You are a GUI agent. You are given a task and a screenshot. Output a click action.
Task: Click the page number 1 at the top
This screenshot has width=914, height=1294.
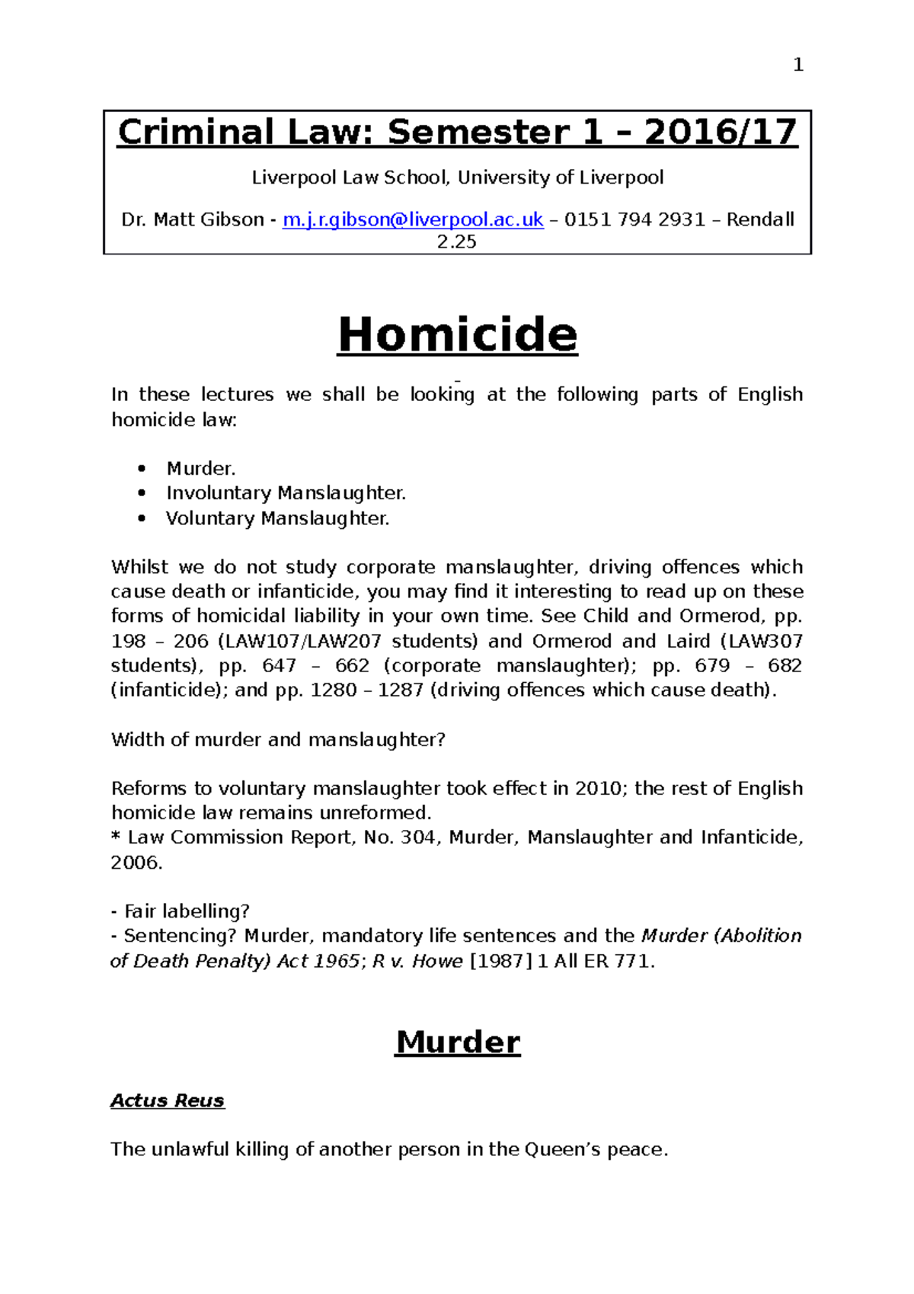click(x=797, y=66)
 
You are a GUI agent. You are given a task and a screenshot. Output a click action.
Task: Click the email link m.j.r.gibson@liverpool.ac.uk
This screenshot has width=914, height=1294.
click(x=413, y=219)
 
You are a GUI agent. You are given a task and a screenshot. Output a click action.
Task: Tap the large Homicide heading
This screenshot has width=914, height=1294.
click(x=458, y=335)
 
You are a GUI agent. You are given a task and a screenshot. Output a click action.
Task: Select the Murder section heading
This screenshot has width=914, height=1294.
click(x=458, y=1042)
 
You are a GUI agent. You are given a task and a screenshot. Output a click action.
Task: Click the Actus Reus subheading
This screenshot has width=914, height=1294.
click(x=168, y=1100)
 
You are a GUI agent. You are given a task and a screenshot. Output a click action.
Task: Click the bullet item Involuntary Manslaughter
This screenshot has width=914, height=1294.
click(x=286, y=493)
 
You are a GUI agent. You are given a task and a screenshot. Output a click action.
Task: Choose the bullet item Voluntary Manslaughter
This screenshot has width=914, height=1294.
click(x=277, y=518)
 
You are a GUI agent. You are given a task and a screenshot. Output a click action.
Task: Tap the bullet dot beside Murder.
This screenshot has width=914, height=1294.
click(x=142, y=469)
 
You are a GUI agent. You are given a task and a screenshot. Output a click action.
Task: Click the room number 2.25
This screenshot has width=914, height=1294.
click(x=456, y=242)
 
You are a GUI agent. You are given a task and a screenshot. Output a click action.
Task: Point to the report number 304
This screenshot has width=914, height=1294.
click(x=417, y=838)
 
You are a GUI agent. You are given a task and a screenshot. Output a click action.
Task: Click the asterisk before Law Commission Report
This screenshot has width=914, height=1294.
click(x=116, y=838)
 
